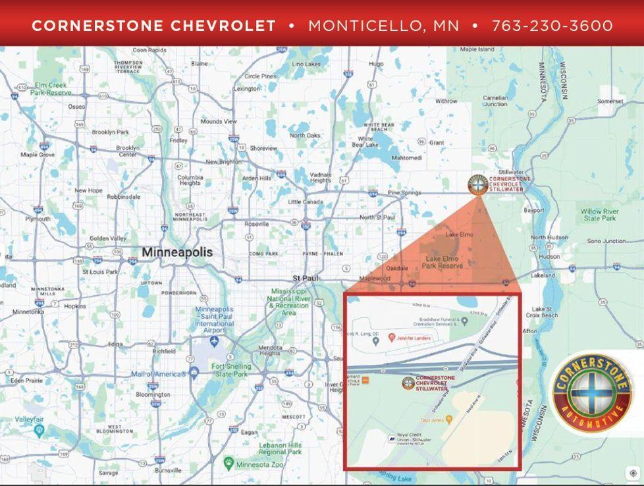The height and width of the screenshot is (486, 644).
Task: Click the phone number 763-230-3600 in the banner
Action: point(552,26)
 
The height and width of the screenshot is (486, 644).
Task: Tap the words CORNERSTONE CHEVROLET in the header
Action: point(153,26)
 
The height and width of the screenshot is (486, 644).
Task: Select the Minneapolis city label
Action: point(177,252)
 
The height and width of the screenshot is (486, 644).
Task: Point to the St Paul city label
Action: point(306,278)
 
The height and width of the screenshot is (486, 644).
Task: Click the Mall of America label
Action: point(157,374)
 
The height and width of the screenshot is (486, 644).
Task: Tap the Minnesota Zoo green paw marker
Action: point(228,463)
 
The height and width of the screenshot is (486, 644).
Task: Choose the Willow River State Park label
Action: point(599,215)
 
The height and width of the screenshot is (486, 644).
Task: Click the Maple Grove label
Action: point(38,155)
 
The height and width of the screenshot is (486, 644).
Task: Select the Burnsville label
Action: point(168,471)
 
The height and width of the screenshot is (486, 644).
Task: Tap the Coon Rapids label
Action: point(149,50)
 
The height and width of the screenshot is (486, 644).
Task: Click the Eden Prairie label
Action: point(26,380)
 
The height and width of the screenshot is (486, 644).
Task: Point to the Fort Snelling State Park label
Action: point(230,370)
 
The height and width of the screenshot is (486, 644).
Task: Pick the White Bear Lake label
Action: point(365,142)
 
